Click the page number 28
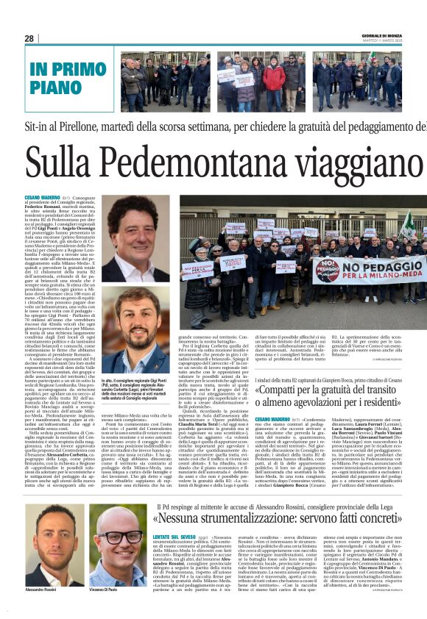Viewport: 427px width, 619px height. tap(29, 38)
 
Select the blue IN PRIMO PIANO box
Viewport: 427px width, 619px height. tap(66, 79)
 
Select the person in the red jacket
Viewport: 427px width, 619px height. tap(274, 78)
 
